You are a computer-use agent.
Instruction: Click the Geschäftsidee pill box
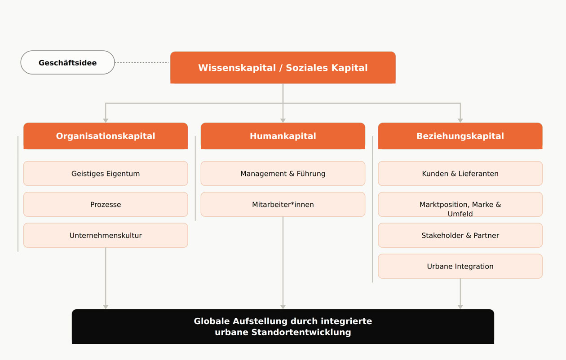pos(68,62)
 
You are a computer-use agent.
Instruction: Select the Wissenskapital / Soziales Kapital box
pos(283,67)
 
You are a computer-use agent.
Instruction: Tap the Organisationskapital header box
pos(106,136)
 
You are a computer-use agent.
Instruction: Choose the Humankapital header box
pos(283,136)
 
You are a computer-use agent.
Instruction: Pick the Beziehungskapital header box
pos(460,136)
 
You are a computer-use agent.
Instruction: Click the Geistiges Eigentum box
pos(106,173)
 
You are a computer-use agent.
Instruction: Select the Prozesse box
pos(106,204)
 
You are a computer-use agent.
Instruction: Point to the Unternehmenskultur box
pos(106,235)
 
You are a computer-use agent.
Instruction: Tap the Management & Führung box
pos(283,173)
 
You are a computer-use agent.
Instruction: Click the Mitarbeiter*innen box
pos(283,204)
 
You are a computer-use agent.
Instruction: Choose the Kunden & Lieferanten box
pos(460,173)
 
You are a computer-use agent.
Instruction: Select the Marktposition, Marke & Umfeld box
pos(460,204)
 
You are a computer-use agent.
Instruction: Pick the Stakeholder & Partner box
pos(460,235)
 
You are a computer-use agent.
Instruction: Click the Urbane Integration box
pos(460,266)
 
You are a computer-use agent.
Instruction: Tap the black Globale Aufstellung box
pos(283,326)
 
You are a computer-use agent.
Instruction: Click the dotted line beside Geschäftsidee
pos(142,62)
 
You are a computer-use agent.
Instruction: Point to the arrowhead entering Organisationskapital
pos(106,120)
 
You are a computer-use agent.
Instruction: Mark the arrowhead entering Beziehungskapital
pos(460,120)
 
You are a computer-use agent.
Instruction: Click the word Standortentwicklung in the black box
pos(301,332)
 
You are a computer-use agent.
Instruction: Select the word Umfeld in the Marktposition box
pos(460,214)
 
